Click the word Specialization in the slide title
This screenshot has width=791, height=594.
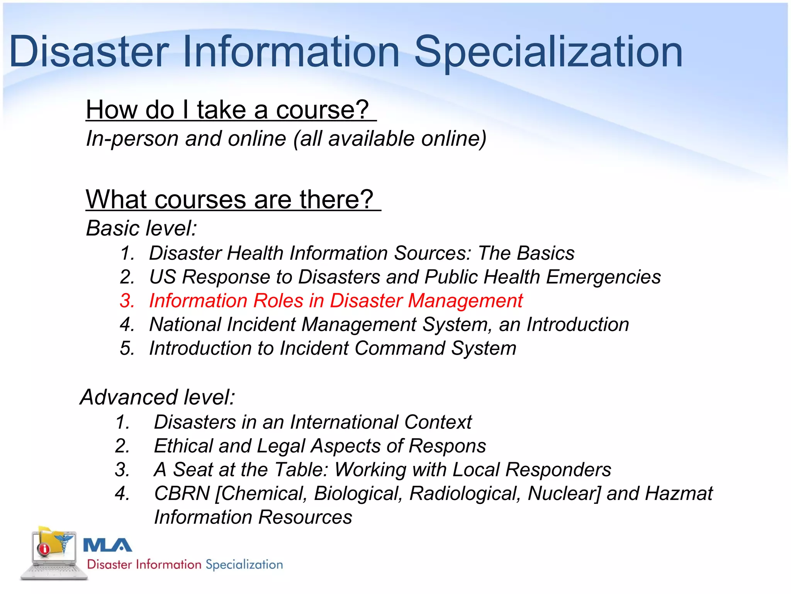coord(548,52)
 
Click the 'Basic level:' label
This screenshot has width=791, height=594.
coord(141,228)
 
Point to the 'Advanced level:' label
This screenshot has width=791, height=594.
coord(158,397)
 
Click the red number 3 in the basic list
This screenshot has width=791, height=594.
coord(127,301)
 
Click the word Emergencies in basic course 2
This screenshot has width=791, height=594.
coord(603,277)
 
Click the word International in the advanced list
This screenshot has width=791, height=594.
coord(344,422)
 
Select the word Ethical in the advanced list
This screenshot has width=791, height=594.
coord(183,446)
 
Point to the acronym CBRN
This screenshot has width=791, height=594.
coord(182,493)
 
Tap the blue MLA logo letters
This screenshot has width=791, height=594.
coord(108,545)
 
